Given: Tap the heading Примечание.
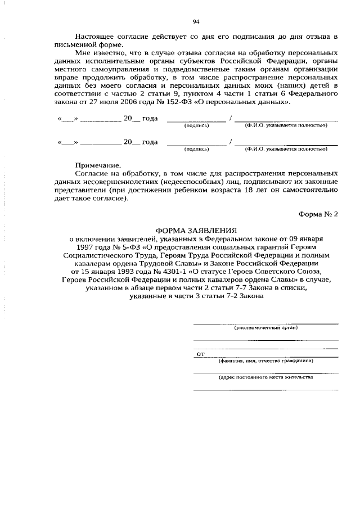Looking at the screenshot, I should point(98,165).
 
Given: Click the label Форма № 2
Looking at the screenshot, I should point(318,214).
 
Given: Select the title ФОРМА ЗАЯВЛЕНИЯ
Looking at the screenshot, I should point(196,230).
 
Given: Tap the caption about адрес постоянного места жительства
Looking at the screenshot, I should point(266,377).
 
